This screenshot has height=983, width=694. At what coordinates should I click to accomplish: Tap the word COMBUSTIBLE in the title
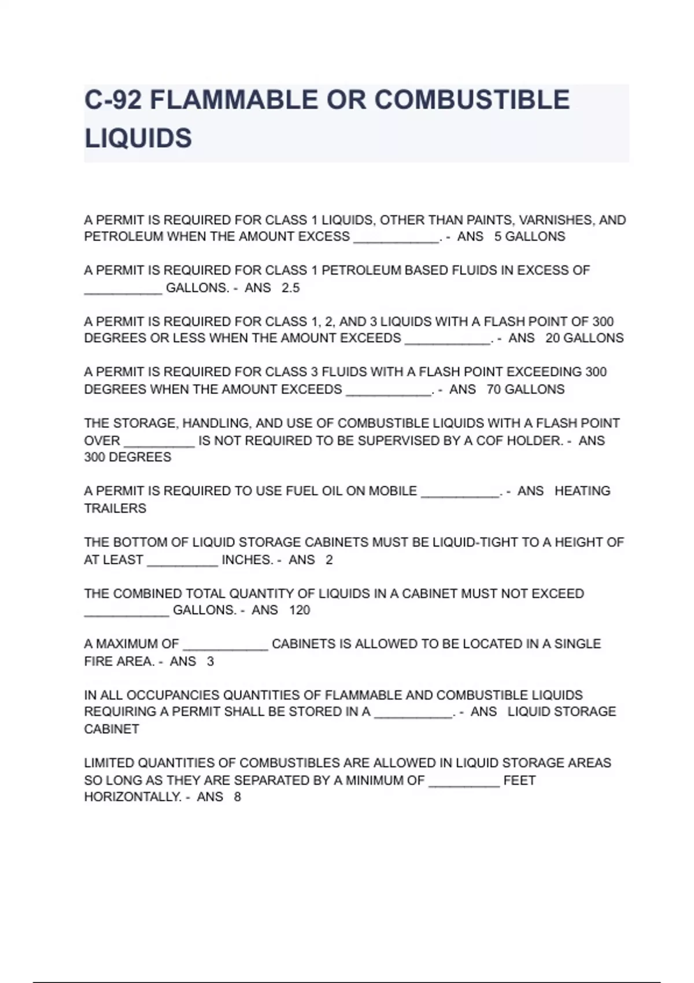pyautogui.click(x=472, y=100)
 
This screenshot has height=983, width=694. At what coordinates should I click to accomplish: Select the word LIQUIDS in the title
pyautogui.click(x=138, y=139)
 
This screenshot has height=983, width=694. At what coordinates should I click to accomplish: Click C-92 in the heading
pyautogui.click(x=113, y=100)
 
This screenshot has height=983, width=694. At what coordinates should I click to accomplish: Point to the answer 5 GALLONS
pyautogui.click(x=529, y=236)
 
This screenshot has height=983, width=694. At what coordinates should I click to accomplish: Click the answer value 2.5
pyautogui.click(x=290, y=288)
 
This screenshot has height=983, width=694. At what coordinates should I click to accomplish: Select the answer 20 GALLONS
pyautogui.click(x=584, y=338)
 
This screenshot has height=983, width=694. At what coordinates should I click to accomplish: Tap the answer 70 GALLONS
pyautogui.click(x=525, y=389)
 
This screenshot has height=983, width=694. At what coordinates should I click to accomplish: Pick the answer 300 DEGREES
pyautogui.click(x=128, y=457)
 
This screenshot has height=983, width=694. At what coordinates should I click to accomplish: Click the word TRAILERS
pyautogui.click(x=115, y=508)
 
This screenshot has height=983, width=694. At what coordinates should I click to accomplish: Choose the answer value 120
pyautogui.click(x=300, y=610)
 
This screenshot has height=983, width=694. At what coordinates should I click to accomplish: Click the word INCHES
pyautogui.click(x=247, y=560)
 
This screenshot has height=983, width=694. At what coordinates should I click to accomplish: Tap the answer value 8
pyautogui.click(x=237, y=797)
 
